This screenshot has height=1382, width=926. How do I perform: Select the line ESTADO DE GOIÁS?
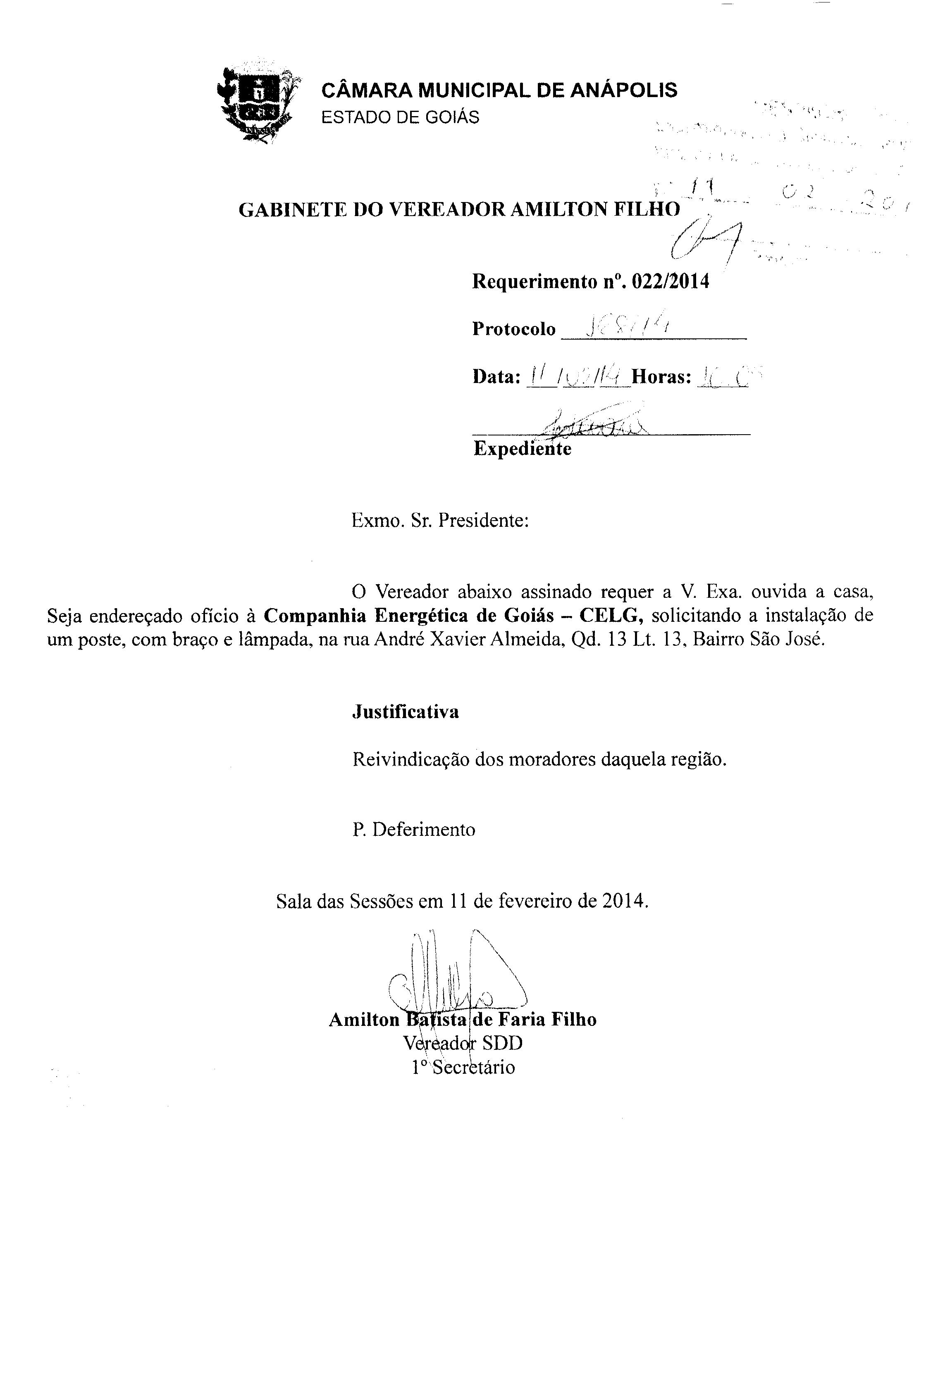(400, 117)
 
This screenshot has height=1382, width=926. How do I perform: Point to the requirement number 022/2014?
(670, 281)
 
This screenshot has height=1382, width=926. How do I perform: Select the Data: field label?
(496, 376)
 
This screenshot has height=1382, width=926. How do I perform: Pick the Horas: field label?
(661, 376)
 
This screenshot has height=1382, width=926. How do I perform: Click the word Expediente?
(522, 449)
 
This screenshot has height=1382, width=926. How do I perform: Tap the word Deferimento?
(423, 829)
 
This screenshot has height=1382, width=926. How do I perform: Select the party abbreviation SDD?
(502, 1043)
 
